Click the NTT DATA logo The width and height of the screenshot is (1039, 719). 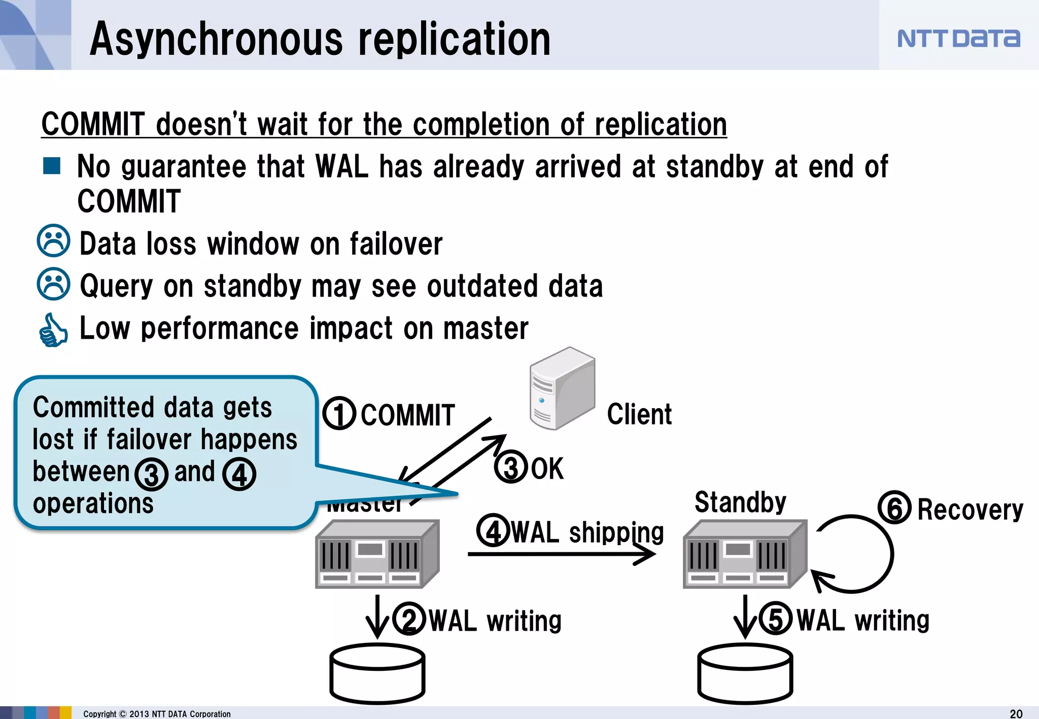pyautogui.click(x=958, y=39)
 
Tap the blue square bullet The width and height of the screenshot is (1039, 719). pyautogui.click(x=52, y=166)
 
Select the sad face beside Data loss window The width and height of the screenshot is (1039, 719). pyautogui.click(x=53, y=241)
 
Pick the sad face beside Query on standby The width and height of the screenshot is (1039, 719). pyautogui.click(x=53, y=284)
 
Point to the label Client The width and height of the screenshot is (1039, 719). pyautogui.click(x=639, y=414)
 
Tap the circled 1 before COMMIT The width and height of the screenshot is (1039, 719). pyautogui.click(x=339, y=413)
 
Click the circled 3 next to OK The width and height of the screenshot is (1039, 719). pyautogui.click(x=511, y=467)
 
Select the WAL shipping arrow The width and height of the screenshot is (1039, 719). pyautogui.click(x=561, y=554)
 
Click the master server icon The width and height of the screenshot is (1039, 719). pyautogui.click(x=377, y=554)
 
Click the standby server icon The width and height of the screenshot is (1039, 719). pyautogui.click(x=745, y=554)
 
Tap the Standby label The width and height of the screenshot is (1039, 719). pyautogui.click(x=740, y=502)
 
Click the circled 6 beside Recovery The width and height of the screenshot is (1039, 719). pyautogui.click(x=894, y=508)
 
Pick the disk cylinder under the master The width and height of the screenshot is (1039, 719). pyautogui.click(x=377, y=673)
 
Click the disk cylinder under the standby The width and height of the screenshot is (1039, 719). pyautogui.click(x=745, y=673)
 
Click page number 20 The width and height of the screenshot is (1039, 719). pyautogui.click(x=1016, y=713)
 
